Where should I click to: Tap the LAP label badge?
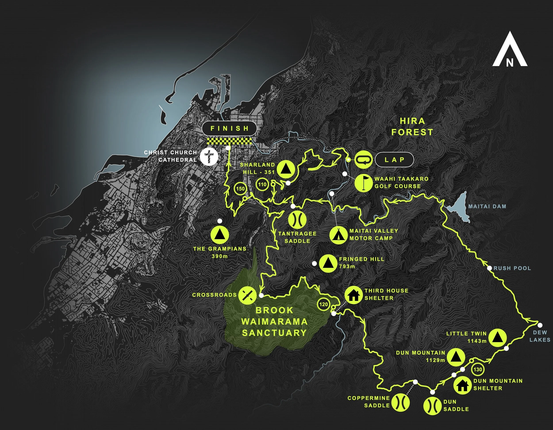coord(394,160)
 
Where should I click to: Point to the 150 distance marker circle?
coord(240,189)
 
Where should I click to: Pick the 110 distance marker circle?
coord(262,184)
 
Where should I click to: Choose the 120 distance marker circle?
coord(324,304)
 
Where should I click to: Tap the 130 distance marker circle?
coord(478,369)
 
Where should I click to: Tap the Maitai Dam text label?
coord(487,206)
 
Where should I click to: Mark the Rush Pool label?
coord(512,268)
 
